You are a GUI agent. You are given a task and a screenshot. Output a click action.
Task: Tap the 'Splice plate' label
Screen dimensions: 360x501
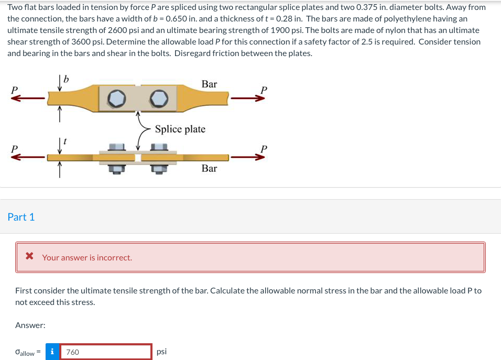180,129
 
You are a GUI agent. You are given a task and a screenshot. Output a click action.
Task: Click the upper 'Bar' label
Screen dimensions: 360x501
209,84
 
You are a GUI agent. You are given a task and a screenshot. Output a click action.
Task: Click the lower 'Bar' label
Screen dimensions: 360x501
209,168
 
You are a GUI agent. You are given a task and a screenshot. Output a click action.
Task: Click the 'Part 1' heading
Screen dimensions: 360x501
21,217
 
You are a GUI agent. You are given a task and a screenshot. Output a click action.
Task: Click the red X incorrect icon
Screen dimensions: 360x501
30,257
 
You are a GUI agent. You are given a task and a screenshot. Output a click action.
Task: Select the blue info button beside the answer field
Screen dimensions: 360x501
52,352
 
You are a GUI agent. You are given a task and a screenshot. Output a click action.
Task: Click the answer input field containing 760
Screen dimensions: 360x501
105,352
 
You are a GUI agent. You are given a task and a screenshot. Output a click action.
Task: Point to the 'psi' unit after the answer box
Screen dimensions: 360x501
161,352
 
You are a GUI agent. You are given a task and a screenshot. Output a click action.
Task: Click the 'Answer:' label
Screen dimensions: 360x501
30,325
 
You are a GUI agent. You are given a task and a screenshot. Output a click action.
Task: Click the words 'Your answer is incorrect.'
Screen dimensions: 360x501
87,257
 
